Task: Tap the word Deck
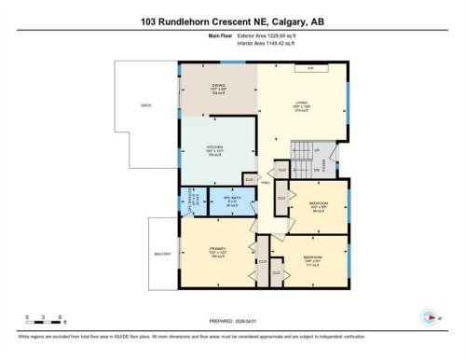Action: coord(145,105)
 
